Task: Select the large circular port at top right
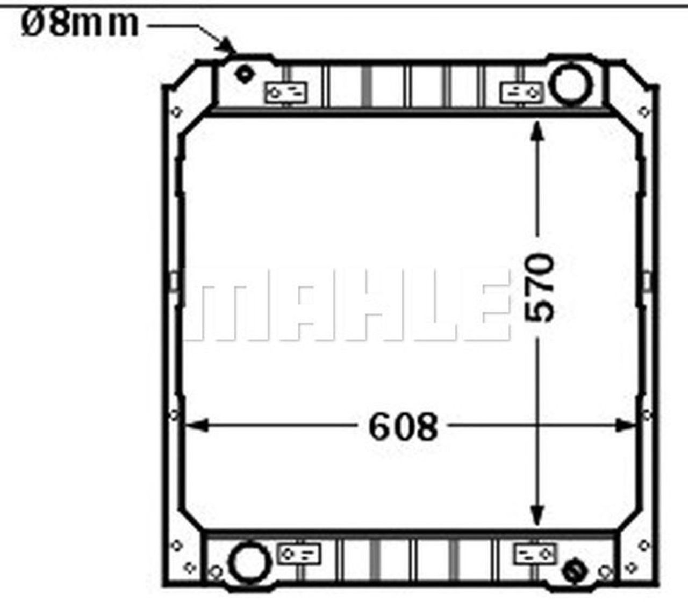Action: click(x=571, y=84)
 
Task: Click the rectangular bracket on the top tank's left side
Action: click(x=285, y=92)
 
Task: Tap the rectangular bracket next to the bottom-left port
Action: click(x=299, y=554)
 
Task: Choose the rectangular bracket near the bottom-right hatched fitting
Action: click(x=535, y=554)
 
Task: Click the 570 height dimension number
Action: click(x=539, y=288)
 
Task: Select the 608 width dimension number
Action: click(x=403, y=427)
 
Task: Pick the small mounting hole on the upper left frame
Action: click(x=175, y=112)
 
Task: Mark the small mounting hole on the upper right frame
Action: click(x=644, y=112)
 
